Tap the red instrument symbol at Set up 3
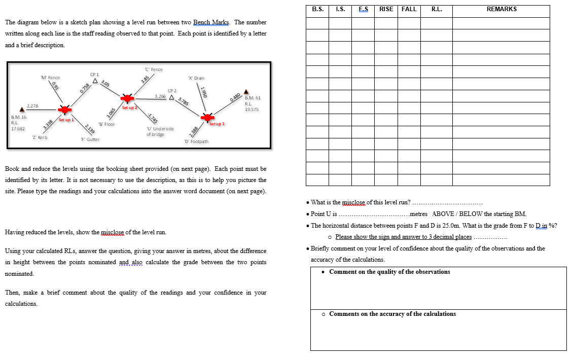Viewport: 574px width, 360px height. [x=208, y=118]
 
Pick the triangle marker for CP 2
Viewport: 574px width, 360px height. [x=172, y=97]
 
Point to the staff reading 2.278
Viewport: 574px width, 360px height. [x=32, y=105]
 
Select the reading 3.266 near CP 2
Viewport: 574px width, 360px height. [x=160, y=96]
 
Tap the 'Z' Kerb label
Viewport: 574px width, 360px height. [x=40, y=137]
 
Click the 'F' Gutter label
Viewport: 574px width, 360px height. [x=90, y=139]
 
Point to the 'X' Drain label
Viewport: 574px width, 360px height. [x=196, y=78]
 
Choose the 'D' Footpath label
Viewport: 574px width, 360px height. [x=196, y=141]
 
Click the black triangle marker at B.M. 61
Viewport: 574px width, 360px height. [x=246, y=91]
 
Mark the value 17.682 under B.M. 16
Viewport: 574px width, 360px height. [x=18, y=129]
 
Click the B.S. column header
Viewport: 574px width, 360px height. [x=317, y=9]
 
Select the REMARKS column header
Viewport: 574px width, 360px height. [x=501, y=9]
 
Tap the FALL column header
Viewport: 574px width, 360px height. [x=409, y=9]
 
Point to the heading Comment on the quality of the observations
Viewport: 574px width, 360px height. [x=389, y=272]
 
